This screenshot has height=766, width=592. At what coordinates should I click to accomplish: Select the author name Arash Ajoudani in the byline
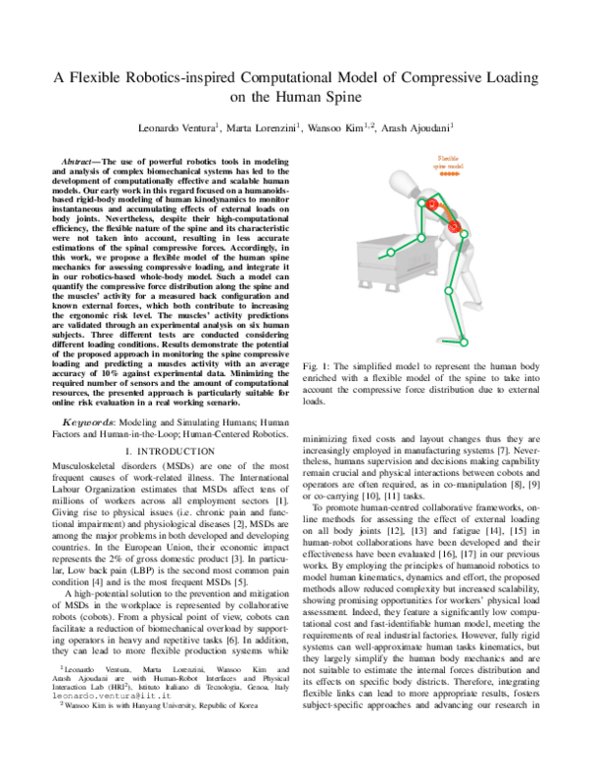click(x=415, y=127)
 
